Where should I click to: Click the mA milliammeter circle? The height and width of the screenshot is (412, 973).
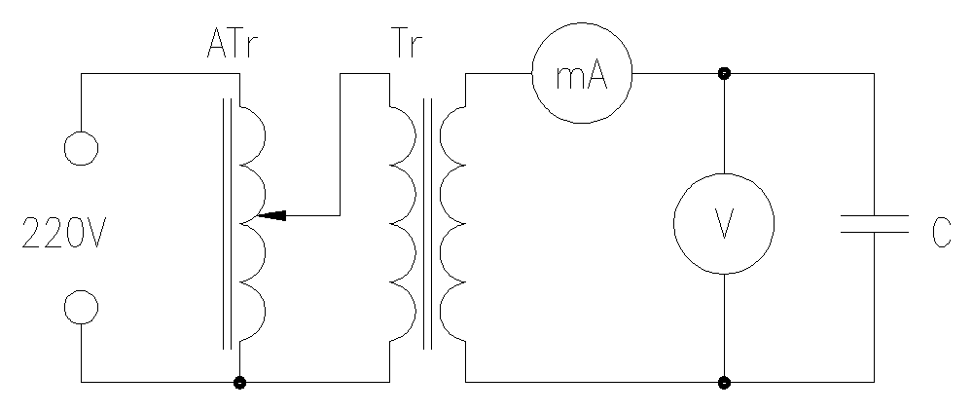[582, 75]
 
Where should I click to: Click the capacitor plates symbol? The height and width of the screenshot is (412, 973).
[874, 225]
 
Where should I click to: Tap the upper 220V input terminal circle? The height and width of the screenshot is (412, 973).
[81, 149]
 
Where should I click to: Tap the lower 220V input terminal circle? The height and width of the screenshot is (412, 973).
[81, 309]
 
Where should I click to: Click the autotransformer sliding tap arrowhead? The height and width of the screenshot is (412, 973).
[274, 214]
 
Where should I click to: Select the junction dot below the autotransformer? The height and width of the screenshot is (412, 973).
[239, 382]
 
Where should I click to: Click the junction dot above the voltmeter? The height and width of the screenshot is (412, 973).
[725, 74]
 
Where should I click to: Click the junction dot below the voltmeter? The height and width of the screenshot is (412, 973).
[725, 382]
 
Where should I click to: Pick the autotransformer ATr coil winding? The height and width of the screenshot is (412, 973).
[251, 224]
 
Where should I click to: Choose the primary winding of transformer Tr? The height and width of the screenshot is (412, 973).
[401, 224]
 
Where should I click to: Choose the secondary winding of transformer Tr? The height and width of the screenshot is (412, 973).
[453, 224]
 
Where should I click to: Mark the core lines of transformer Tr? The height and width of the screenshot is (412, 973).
[427, 224]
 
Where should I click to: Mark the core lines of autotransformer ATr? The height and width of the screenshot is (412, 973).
[228, 224]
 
